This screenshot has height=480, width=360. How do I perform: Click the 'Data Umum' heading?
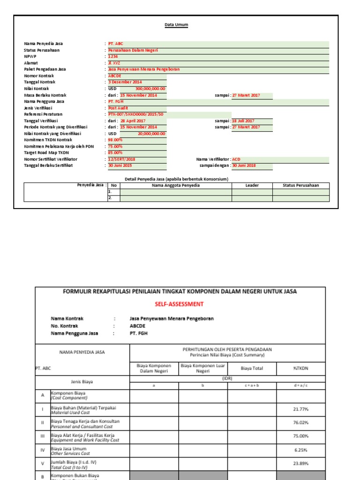tap(176, 24)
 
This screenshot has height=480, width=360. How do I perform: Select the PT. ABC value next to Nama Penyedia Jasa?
tap(116, 44)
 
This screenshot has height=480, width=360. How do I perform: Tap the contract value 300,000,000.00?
tap(150, 89)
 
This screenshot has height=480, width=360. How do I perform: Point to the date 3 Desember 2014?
tap(125, 82)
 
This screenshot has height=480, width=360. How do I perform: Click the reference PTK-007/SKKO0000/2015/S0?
tap(136, 114)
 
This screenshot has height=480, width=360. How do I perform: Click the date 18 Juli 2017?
tap(243, 121)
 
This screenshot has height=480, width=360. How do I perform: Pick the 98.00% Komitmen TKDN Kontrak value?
tap(115, 140)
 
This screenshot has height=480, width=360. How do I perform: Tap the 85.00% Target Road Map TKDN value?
tap(115, 153)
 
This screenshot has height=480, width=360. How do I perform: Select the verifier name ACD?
tap(236, 159)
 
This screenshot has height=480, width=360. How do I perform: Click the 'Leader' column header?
tap(252, 185)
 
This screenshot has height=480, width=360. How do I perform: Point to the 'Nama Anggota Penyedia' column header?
tap(175, 185)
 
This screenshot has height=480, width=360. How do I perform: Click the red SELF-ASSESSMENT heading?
tap(180, 304)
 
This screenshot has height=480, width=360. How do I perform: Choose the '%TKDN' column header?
tap(300, 368)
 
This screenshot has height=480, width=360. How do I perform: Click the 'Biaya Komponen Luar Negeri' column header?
tap(203, 368)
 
